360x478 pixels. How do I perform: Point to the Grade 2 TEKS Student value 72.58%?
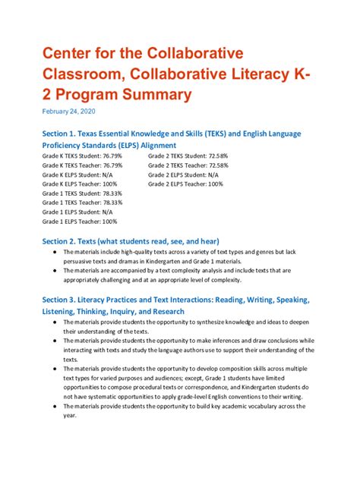point(212,155)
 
